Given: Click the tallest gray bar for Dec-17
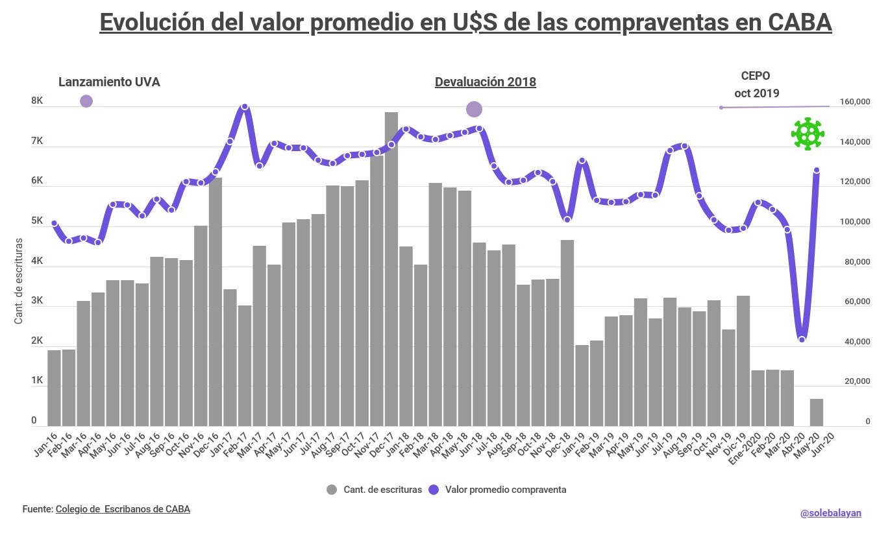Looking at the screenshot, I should coord(391,269).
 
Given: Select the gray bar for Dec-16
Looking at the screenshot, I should coord(216,302).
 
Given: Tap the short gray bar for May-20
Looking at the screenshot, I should coord(817,412).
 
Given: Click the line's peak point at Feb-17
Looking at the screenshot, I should coord(245,106).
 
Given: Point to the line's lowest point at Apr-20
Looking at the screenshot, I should coord(802,339).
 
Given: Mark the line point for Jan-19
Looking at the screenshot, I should coord(582,160).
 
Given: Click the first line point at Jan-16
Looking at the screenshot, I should coord(54,223).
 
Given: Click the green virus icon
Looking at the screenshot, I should coord(807,134).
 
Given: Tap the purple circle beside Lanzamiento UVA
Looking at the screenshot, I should coord(86,101).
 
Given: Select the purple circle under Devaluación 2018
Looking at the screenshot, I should coord(474,109).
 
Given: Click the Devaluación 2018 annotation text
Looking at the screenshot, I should coord(485,82).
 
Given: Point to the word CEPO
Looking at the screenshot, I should coord(756,76).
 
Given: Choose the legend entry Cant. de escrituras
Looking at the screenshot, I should coord(374,490).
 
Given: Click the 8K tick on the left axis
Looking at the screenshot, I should coord(36,102).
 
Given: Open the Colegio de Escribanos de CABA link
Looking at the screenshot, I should coord(123,509).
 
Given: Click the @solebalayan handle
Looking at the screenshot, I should coord(830,513).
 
